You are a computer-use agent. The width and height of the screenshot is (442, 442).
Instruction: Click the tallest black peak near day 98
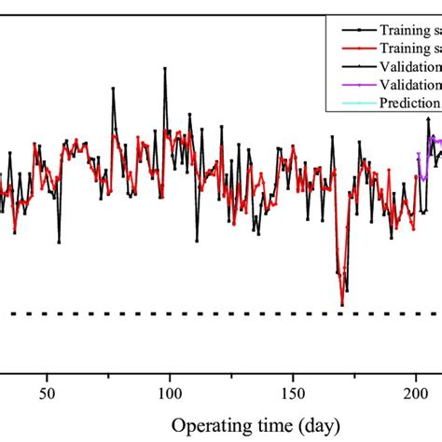pyautogui.click(x=166, y=68)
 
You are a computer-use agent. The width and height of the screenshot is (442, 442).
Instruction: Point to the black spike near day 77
pyautogui.click(x=113, y=89)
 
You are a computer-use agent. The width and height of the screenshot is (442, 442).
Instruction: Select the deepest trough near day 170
pyautogui.click(x=342, y=304)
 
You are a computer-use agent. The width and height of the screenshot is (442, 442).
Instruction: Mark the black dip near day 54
pyautogui.click(x=59, y=242)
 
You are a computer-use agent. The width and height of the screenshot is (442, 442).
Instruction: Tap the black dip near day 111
pyautogui.click(x=198, y=241)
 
